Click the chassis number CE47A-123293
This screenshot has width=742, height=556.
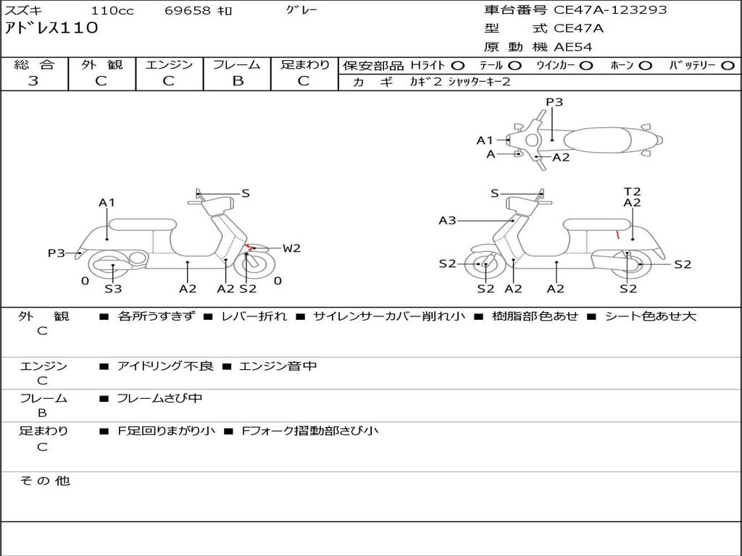pyautogui.click(x=610, y=10)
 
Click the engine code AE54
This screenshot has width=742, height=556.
pyautogui.click(x=572, y=47)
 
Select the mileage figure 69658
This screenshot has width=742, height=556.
pyautogui.click(x=188, y=11)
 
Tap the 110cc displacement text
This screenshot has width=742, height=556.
pyautogui.click(x=112, y=11)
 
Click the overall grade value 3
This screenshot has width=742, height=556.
pyautogui.click(x=33, y=81)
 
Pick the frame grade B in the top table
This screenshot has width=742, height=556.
pyautogui.click(x=238, y=81)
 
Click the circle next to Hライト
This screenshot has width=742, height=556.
pyautogui.click(x=458, y=65)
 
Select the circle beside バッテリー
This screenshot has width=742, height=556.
pyautogui.click(x=728, y=65)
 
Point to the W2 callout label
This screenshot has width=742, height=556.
pyautogui.click(x=291, y=248)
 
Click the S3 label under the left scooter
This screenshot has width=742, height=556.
pyautogui.click(x=113, y=289)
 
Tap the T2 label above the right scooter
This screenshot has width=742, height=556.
pyautogui.click(x=632, y=192)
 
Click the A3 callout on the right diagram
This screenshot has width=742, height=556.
pyautogui.click(x=448, y=220)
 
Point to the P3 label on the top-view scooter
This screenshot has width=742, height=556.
pyautogui.click(x=554, y=102)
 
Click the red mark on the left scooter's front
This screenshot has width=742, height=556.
pyautogui.click(x=249, y=248)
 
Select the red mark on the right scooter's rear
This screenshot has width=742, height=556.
pyautogui.click(x=617, y=235)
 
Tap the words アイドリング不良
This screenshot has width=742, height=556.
pyautogui.click(x=165, y=366)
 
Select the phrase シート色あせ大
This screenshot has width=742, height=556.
pyautogui.click(x=650, y=316)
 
